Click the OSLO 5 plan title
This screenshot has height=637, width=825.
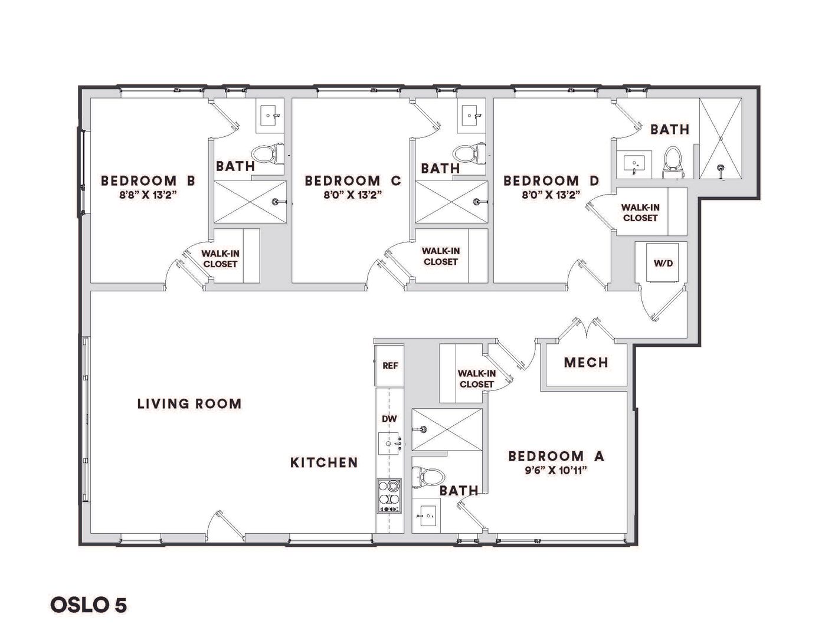pyautogui.click(x=89, y=605)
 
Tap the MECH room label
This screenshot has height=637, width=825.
pyautogui.click(x=586, y=363)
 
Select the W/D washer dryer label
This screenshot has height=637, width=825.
pyautogui.click(x=663, y=263)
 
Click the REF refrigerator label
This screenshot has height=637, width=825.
pyautogui.click(x=390, y=365)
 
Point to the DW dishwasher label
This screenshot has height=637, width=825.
pyautogui.click(x=389, y=419)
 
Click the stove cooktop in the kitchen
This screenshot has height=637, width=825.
pyautogui.click(x=389, y=496)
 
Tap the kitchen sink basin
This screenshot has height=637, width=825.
pyautogui.click(x=389, y=443)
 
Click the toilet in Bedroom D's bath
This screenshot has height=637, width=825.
pyautogui.click(x=672, y=163)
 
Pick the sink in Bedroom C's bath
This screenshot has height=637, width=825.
pyautogui.click(x=471, y=114)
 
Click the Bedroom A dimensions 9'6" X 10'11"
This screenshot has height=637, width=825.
pyautogui.click(x=556, y=471)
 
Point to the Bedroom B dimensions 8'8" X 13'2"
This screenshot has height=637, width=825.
pyautogui.click(x=149, y=195)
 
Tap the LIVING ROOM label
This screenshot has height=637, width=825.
pyautogui.click(x=189, y=403)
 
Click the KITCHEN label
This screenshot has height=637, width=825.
pyautogui.click(x=324, y=462)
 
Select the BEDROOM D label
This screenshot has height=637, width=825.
pyautogui.click(x=551, y=180)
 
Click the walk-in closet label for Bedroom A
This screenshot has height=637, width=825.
pyautogui.click(x=476, y=379)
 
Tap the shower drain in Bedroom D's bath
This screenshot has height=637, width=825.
pyautogui.click(x=720, y=168)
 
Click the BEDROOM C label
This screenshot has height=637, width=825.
pyautogui.click(x=353, y=180)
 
